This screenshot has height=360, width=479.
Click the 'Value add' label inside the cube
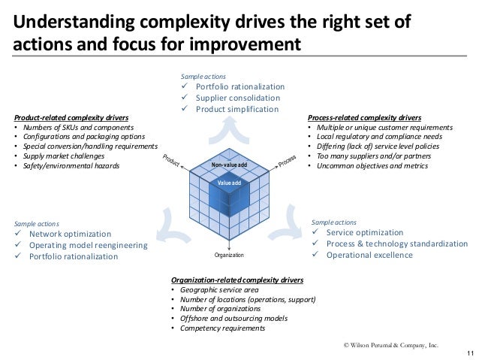coord(229,183)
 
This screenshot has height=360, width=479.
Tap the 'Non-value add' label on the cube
coord(229,165)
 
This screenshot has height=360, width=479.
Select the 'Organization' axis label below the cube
coord(229,256)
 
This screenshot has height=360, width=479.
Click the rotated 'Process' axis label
coord(288,160)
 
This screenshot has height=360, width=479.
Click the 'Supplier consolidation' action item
coord(238,98)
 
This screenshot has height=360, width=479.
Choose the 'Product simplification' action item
coord(236,109)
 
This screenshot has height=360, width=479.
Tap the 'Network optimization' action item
coord(70,234)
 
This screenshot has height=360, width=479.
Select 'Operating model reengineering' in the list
coord(89,245)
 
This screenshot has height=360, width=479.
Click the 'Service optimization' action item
coord(365,233)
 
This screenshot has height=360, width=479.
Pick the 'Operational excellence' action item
coord(369,255)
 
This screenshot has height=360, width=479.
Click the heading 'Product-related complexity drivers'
coord(72,118)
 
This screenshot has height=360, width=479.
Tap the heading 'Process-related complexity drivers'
coord(364,118)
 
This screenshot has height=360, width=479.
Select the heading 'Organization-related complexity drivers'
coord(237,280)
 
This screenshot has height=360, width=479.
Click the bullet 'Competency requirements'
coord(221,328)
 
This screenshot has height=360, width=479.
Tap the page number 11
coord(470,353)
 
